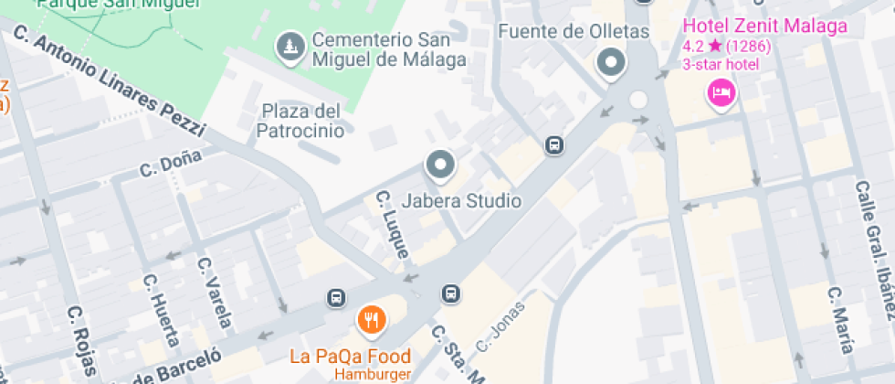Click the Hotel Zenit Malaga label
coord(765,26)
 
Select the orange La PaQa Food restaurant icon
coord(371,320)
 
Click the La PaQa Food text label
coord(350,356)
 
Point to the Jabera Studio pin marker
coord(441,165)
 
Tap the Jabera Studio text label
coord(461,200)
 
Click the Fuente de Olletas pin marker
coord(610,64)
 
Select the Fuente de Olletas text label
coord(573,32)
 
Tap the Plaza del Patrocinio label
coord(302,121)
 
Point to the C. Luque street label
coord(393,224)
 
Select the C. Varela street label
coord(215,292)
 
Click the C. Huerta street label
coord(157,307)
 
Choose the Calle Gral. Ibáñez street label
coord(874,249)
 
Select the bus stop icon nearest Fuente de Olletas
coord(553,144)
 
